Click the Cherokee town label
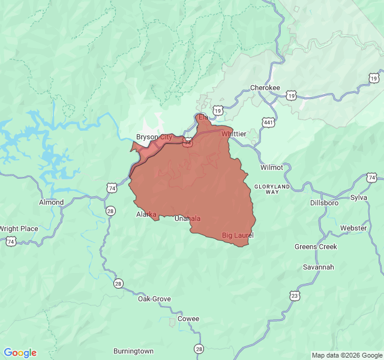[265, 88]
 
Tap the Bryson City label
[154, 137]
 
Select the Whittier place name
[233, 134]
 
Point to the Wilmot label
[272, 167]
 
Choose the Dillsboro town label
[324, 203]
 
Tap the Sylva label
[358, 197]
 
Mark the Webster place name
[353, 228]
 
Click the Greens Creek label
[316, 247]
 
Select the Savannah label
[318, 267]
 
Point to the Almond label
[51, 202]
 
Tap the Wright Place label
[19, 229]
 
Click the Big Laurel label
[238, 235]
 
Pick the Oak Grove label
[154, 299]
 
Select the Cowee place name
[188, 319]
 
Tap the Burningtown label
[133, 351]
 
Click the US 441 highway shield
[267, 122]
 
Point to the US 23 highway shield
[294, 295]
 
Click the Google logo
[20, 353]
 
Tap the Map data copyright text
[347, 355]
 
